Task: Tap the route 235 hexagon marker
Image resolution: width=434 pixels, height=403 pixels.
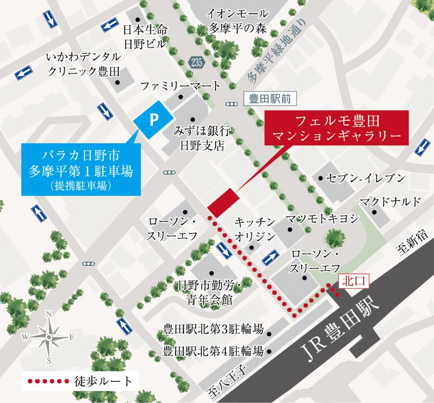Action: (x=196, y=64)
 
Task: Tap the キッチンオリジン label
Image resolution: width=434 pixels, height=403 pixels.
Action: (x=255, y=229)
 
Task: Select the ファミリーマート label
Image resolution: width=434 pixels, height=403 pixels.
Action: (x=180, y=86)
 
